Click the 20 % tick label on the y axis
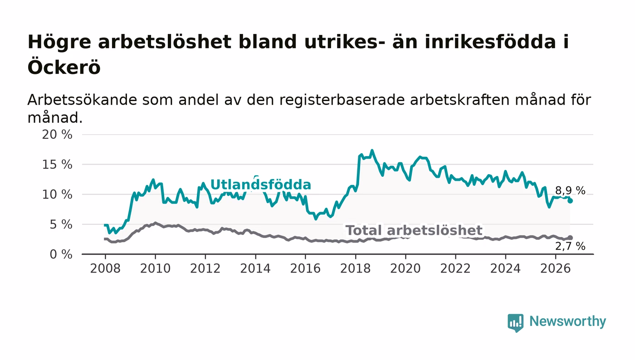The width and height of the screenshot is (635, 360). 57,135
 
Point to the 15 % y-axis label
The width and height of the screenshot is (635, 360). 57,165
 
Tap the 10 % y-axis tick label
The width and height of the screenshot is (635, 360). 57,195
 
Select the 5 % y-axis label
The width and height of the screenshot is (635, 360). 61,225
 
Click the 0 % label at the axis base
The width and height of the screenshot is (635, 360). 61,254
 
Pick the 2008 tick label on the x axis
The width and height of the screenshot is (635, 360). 105,268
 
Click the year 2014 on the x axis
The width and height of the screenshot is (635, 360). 255,268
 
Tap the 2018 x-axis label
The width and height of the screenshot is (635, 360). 356,268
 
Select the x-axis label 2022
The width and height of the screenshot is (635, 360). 455,268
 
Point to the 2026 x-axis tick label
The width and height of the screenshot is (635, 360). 556,268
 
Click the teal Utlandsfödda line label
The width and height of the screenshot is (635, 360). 261,185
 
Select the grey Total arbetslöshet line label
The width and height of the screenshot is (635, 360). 414,230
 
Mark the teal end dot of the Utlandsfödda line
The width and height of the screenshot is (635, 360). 570,201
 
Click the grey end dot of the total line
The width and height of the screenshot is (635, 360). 570,238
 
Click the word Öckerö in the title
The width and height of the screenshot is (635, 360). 64,67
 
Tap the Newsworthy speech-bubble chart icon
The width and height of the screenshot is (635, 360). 516,322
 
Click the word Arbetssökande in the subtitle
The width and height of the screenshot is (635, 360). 82,100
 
